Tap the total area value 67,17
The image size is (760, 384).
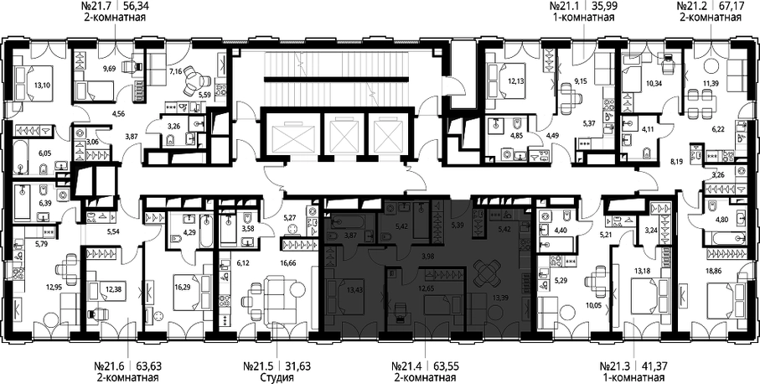point(728,8)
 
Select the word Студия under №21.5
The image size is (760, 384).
point(274,377)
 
